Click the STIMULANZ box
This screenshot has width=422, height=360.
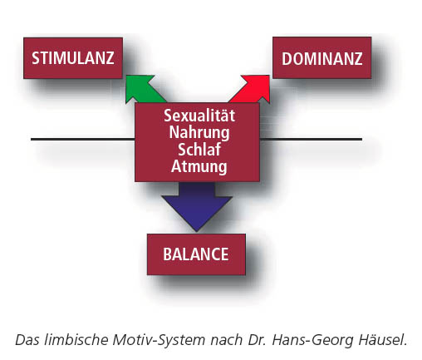point(73,58)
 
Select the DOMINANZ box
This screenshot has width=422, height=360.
point(322,58)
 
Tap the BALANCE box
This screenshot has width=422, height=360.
point(196,254)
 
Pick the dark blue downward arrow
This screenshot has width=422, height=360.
point(197,206)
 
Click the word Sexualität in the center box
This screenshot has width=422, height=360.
point(199,116)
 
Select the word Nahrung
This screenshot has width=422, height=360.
point(199,133)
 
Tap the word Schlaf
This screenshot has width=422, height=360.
point(199,150)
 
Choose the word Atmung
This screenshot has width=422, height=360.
point(199,167)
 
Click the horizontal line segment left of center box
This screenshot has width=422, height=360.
point(83,139)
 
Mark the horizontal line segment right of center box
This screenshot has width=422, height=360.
point(311,139)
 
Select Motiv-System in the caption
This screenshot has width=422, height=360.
point(159,340)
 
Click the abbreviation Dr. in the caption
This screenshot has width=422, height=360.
point(258,340)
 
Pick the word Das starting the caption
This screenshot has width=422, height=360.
point(28,340)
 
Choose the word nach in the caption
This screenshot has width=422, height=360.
point(227,340)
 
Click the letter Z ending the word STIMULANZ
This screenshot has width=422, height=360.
point(110,58)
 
